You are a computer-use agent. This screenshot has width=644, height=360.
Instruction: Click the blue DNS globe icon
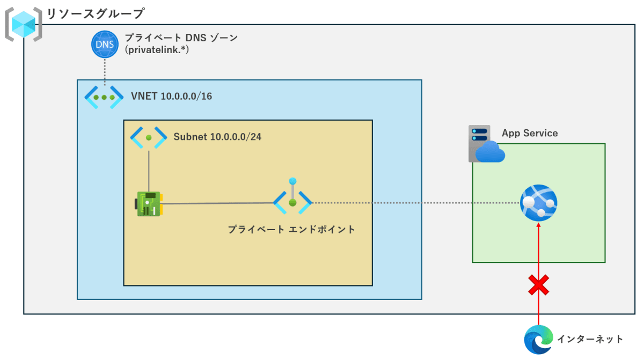coord(105,44)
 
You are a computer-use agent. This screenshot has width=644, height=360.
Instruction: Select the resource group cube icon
coord(24,25)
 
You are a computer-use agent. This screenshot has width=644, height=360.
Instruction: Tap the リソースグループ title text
coord(95,13)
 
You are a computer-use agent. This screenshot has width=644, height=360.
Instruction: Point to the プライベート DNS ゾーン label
coord(181,38)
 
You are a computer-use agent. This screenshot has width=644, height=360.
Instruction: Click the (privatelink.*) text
coord(157,50)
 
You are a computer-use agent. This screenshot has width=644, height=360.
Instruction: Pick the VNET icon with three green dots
coord(104,97)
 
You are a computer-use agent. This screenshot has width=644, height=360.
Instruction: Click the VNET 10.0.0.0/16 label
coord(171,96)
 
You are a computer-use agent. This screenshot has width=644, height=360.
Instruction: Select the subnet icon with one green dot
coord(148,138)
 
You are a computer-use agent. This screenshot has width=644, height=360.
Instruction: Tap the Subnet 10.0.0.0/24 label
coord(217,137)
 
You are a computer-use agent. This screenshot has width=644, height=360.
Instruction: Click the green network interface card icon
coord(149,204)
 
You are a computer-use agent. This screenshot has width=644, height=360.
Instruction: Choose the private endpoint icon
coord(292,196)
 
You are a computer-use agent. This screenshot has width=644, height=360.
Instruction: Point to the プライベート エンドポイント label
coord(291,229)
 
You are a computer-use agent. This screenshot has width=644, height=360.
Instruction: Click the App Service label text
coord(530,133)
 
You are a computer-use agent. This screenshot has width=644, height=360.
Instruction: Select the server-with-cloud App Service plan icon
coord(486,144)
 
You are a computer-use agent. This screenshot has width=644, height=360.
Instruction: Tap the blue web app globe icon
coord(538,203)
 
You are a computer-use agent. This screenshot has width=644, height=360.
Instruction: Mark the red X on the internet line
coord(538,285)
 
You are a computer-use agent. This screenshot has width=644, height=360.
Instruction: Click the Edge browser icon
coord(538,340)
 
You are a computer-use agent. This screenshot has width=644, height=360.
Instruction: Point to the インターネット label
coord(590,339)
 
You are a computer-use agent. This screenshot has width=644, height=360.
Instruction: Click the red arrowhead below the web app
coord(538,225)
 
